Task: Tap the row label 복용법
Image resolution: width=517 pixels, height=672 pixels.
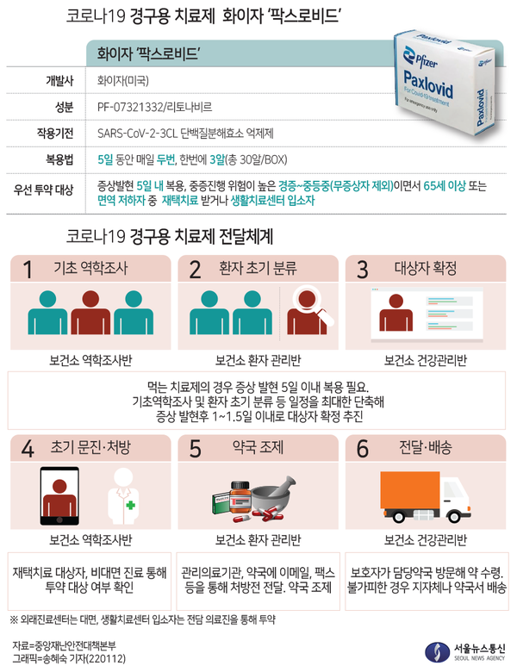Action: pos(59,159)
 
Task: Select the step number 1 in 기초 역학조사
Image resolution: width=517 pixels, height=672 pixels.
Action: pos(27,269)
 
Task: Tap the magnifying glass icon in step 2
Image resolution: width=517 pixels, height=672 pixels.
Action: pos(308,303)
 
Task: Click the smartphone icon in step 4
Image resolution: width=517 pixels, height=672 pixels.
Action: pos(65,497)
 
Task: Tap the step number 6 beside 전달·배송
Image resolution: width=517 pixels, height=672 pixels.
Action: pos(362,448)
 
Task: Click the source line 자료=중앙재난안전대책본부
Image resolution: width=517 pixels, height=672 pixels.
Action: pos(65,644)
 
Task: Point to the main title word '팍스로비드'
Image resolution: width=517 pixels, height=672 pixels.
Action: pos(311,16)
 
